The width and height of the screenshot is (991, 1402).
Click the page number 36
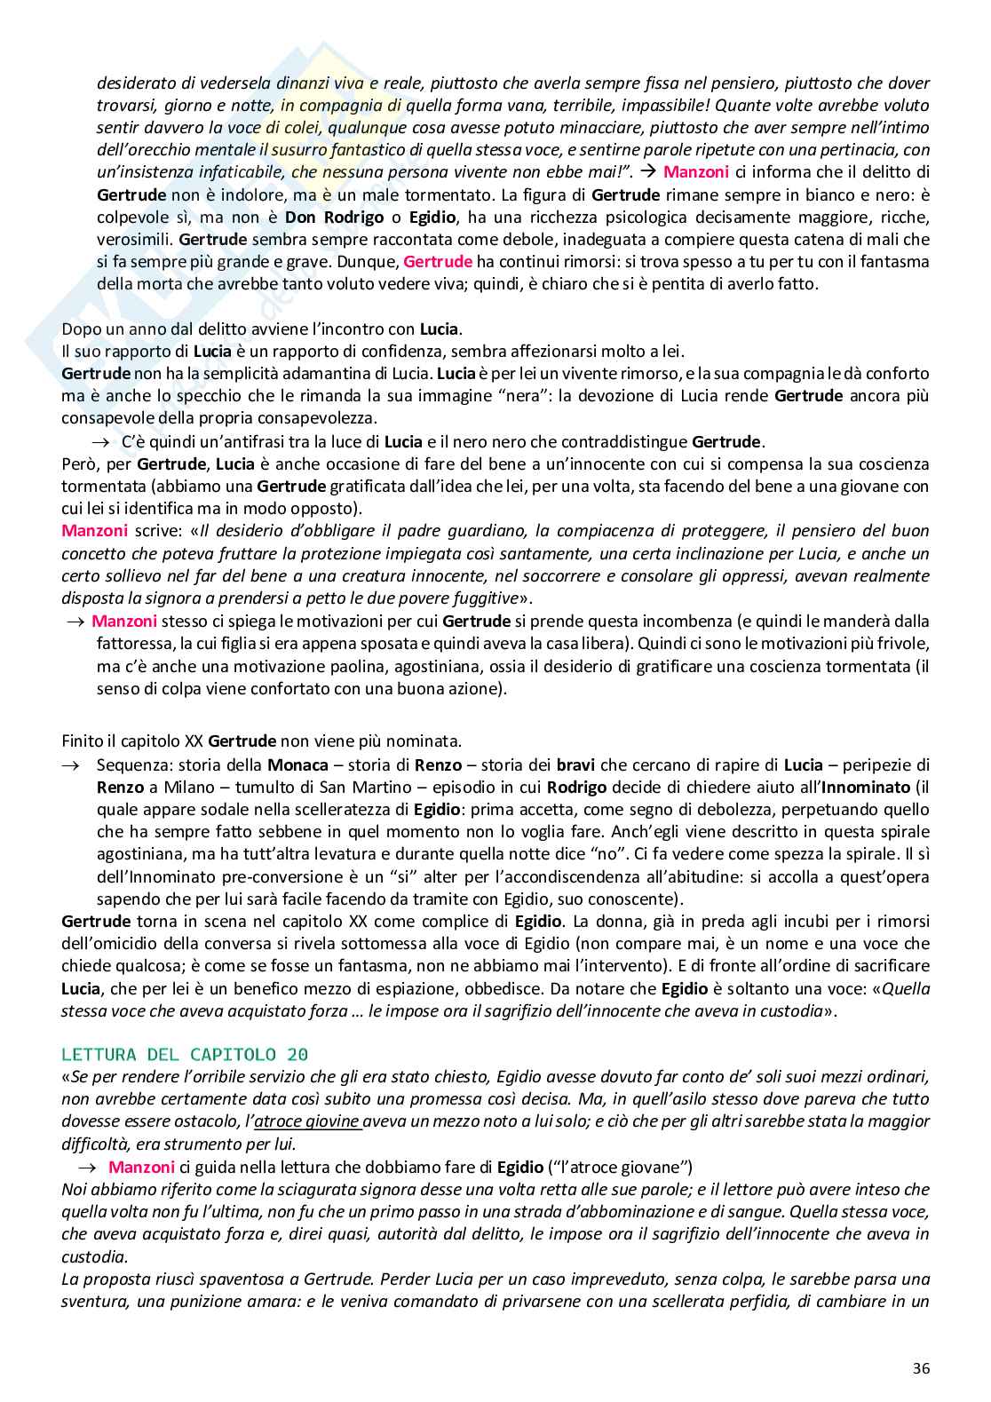pyautogui.click(x=921, y=1368)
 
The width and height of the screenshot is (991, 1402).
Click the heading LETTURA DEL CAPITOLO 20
pyautogui.click(x=185, y=1055)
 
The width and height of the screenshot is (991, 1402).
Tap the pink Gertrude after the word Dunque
pyautogui.click(x=437, y=262)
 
